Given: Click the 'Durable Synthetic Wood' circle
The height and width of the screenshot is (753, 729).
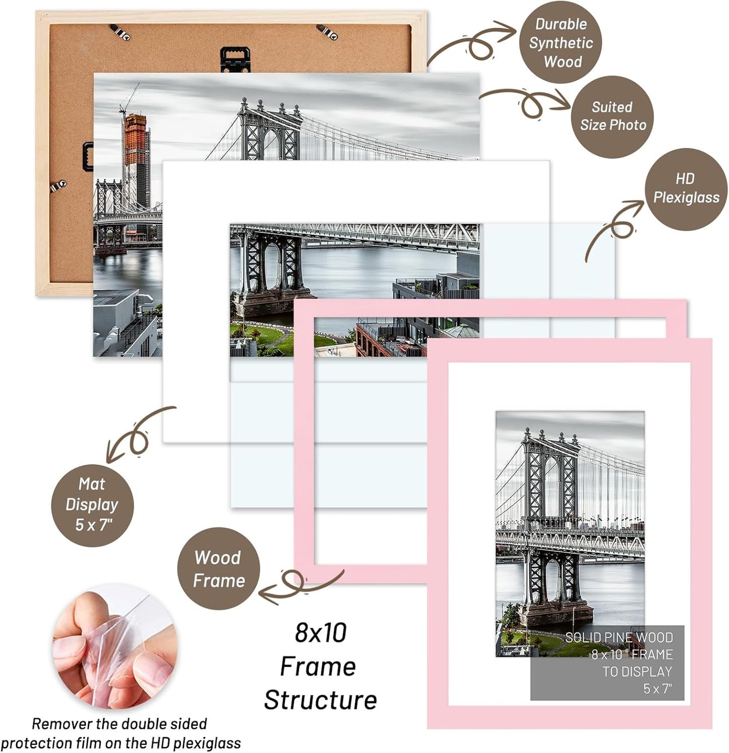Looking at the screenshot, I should [560, 42].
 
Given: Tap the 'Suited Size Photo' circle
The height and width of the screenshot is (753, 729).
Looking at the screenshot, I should [612, 117].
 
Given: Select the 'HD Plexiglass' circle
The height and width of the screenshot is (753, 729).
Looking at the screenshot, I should [686, 188].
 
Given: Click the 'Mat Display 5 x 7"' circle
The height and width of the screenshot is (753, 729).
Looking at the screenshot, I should [92, 505].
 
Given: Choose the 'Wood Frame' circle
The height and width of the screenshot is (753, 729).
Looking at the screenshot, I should [218, 569].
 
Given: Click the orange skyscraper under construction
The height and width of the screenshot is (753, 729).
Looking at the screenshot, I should [135, 151].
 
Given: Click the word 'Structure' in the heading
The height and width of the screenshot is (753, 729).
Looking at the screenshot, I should [320, 700].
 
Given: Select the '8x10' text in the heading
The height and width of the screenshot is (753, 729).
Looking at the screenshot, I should [321, 633].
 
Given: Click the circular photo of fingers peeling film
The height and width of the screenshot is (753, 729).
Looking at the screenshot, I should [115, 646].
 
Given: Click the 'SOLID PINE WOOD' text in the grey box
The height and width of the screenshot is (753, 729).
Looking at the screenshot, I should [619, 637].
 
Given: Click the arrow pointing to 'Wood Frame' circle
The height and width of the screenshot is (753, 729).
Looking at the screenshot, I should [298, 585].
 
